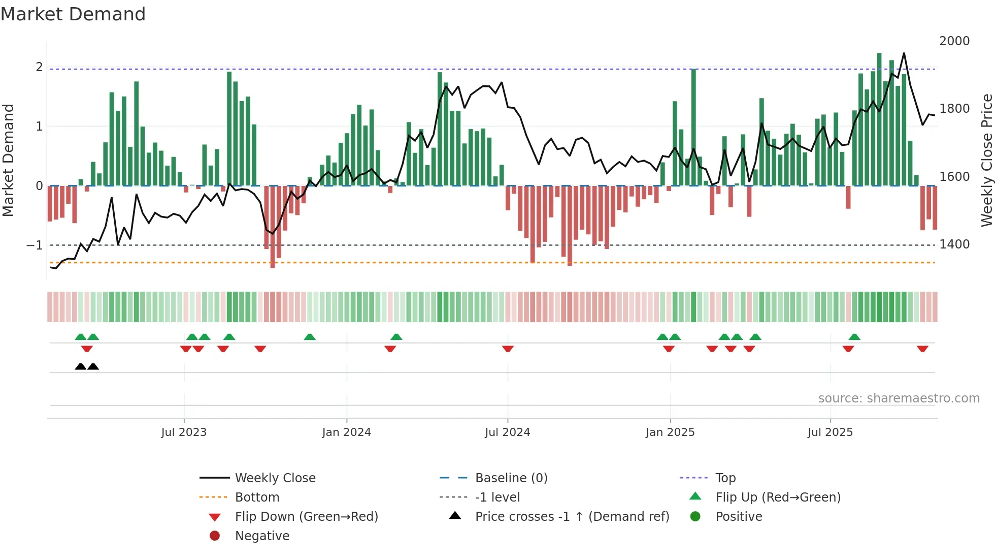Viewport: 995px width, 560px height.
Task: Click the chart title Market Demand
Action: pyautogui.click(x=73, y=14)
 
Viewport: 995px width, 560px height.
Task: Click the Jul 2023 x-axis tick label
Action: pyautogui.click(x=184, y=432)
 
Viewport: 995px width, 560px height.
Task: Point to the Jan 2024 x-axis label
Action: pyautogui.click(x=346, y=432)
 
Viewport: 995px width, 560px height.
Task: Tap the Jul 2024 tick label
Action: pyautogui.click(x=507, y=432)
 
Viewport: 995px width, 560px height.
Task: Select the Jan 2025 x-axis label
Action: pyautogui.click(x=670, y=432)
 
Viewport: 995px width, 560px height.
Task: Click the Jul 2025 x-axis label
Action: pyautogui.click(x=830, y=432)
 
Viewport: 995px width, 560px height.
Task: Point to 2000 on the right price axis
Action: pyautogui.click(x=954, y=41)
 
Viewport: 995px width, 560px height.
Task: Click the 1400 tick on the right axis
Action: pyautogui.click(x=954, y=244)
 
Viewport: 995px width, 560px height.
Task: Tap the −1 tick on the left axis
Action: pyautogui.click(x=35, y=245)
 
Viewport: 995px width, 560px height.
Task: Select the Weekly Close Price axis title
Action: pyautogui.click(x=986, y=160)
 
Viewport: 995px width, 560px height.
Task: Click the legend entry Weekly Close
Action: pyautogui.click(x=275, y=478)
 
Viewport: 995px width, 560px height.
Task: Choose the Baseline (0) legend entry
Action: pyautogui.click(x=511, y=478)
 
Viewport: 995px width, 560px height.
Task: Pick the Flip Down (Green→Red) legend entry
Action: pyautogui.click(x=306, y=517)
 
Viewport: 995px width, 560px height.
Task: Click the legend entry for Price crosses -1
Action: pyautogui.click(x=572, y=517)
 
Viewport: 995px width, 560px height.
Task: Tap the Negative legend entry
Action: pyautogui.click(x=262, y=536)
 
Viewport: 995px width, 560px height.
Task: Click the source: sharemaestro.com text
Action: pyautogui.click(x=899, y=398)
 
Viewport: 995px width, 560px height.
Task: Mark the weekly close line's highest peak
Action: pyautogui.click(x=904, y=53)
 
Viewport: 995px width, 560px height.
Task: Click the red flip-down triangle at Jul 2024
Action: pyautogui.click(x=508, y=349)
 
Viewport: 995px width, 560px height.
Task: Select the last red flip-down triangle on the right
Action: pyautogui.click(x=922, y=349)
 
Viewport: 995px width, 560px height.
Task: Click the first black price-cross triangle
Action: pyautogui.click(x=80, y=366)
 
